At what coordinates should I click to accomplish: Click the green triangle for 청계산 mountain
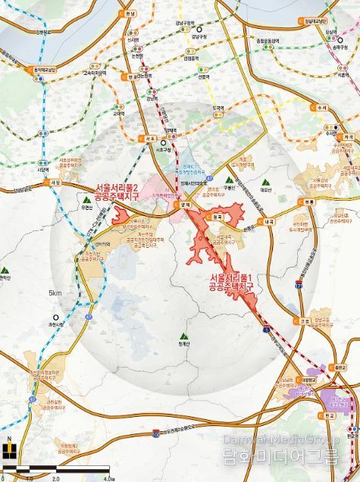click(183, 334)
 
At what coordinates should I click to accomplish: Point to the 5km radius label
click(55, 293)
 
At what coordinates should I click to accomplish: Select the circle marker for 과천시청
click(55, 318)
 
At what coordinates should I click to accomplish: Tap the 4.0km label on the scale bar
click(108, 478)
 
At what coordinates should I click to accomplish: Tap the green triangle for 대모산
click(265, 182)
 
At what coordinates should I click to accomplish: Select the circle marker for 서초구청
click(162, 142)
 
